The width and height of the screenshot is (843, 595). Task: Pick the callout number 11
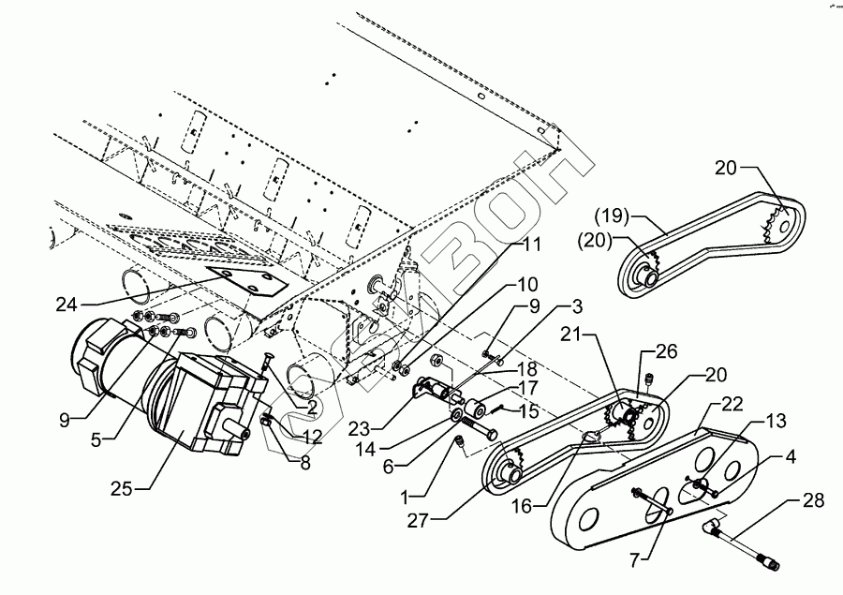532,245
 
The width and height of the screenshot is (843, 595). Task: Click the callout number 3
576,306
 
